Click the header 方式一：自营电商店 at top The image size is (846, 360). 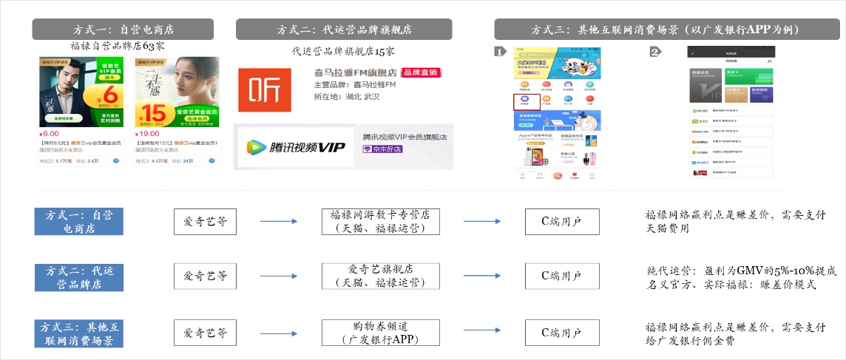click(x=123, y=30)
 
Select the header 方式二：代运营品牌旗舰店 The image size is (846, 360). click(x=344, y=30)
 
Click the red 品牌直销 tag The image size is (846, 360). click(x=419, y=73)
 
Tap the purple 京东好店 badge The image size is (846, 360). click(x=382, y=149)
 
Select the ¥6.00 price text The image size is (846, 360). click(x=50, y=133)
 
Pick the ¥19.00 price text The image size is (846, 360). click(x=147, y=133)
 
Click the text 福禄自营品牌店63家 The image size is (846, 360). click(x=118, y=46)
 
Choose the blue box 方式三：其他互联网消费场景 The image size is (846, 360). click(x=79, y=333)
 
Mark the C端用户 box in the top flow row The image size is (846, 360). click(x=561, y=221)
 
